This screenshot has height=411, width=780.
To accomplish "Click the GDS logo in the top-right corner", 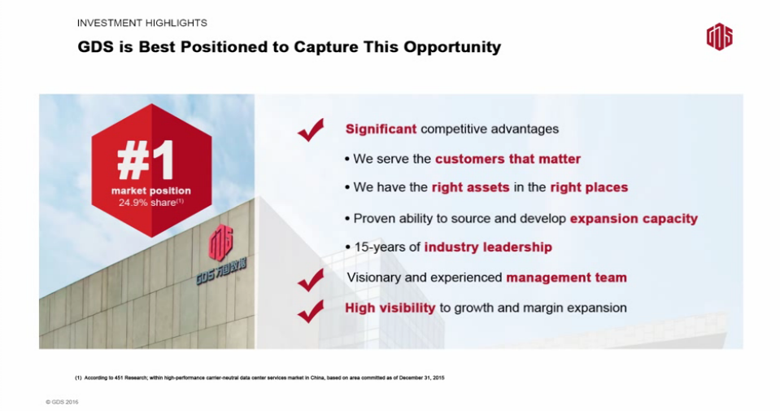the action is pos(719,37).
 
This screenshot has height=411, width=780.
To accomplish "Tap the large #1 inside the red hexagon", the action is pos(146,160).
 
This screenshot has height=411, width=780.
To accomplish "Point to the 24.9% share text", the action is pos(150,203).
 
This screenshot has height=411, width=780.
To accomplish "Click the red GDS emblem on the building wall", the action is pos(221,243).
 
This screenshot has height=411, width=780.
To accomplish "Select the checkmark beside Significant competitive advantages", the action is pos(311,130).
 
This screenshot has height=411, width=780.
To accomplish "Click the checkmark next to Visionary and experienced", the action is pos(311,280).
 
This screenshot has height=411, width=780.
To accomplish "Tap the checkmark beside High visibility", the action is pos(311,312).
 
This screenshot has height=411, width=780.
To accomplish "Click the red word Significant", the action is pos(381,129).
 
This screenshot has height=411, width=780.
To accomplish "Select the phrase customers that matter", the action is pos(508,159).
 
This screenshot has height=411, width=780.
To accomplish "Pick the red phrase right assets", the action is pos(471,187).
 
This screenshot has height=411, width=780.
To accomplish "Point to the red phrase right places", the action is pos(589,187).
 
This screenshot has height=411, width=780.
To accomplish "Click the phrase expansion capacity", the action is pos(634,218).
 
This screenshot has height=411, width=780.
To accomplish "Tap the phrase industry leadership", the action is pos(488,247).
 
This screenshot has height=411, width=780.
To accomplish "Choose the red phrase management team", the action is pos(567,278).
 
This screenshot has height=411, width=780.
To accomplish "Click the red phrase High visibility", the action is pos(390,308).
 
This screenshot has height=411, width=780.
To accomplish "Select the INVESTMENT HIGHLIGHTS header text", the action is pos(142,23).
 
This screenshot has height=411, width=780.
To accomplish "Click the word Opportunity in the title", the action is pos(452,47).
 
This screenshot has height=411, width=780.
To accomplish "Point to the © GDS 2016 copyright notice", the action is pos(62,402).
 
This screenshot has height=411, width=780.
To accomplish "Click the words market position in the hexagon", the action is pos(150,190).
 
